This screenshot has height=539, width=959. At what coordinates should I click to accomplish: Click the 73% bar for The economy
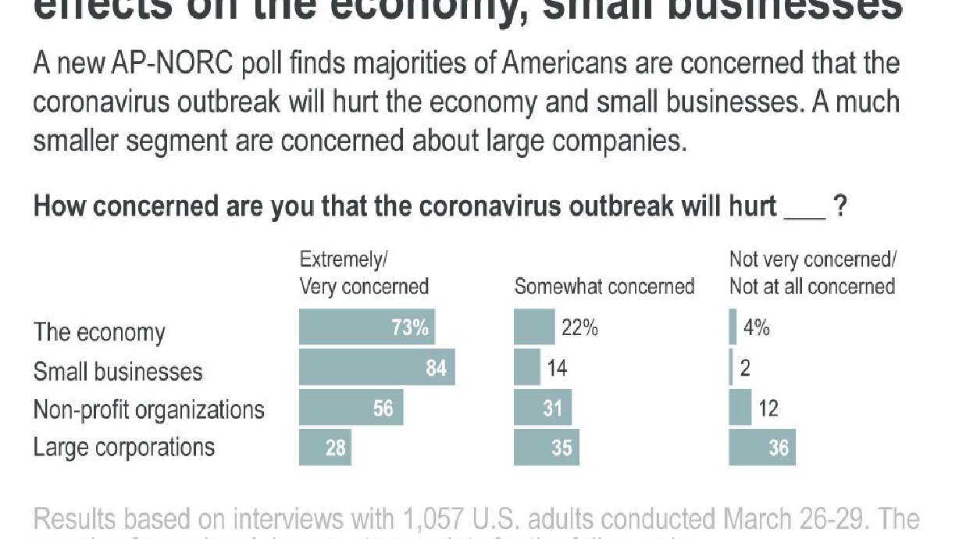click(x=367, y=327)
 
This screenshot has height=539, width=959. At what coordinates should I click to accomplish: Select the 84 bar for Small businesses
click(x=376, y=367)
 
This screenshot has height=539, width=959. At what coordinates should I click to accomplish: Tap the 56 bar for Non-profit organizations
click(x=351, y=408)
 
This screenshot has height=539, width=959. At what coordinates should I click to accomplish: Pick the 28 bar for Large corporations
click(x=325, y=448)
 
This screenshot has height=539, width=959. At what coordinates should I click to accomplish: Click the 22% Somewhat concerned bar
click(x=534, y=327)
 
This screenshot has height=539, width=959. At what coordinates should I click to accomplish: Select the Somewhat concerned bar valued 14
click(x=526, y=367)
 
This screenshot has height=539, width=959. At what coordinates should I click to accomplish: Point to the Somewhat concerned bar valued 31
click(x=542, y=408)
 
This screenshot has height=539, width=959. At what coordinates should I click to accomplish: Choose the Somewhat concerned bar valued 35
click(x=546, y=448)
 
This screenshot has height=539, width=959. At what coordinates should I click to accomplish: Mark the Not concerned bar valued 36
click(x=761, y=448)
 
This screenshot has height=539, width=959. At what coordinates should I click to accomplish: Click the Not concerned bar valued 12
click(x=740, y=408)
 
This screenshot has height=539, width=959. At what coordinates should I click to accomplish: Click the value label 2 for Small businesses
click(x=745, y=368)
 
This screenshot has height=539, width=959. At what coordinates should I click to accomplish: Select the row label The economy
click(x=99, y=332)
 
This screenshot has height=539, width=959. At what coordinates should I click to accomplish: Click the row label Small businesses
click(x=118, y=371)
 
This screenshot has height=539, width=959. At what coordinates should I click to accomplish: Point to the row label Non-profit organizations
click(x=148, y=409)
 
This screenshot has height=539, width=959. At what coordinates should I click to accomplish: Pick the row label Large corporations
click(x=123, y=448)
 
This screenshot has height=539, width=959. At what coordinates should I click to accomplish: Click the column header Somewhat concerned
click(x=604, y=287)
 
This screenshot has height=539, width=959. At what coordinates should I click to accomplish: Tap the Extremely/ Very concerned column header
click(x=364, y=273)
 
